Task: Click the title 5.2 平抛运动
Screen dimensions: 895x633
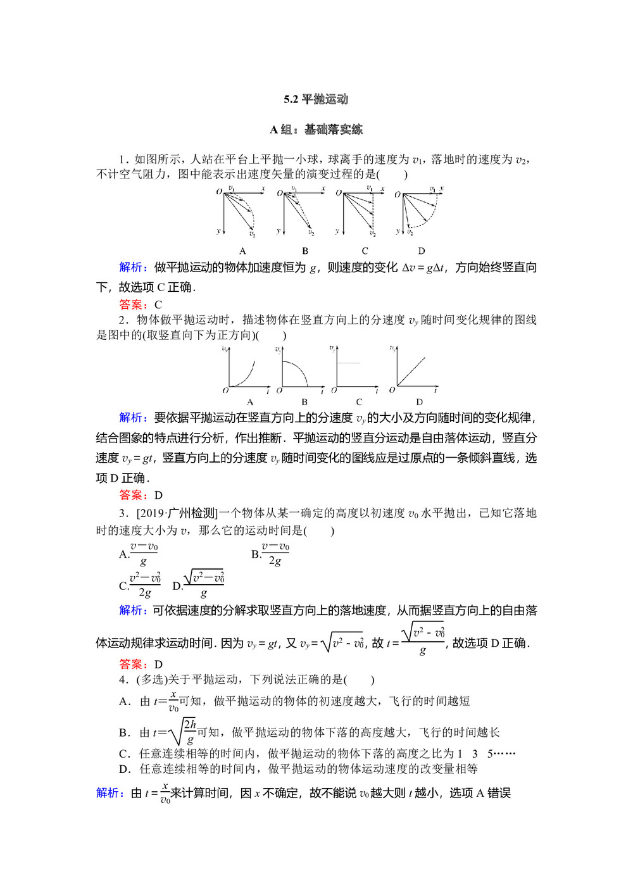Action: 316,99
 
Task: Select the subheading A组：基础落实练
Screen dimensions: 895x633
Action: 316,130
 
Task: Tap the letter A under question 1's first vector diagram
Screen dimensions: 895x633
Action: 242,251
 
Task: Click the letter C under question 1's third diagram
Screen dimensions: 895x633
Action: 365,251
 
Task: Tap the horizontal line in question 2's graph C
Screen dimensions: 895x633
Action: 348,363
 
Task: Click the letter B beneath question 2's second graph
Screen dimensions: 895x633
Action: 304,402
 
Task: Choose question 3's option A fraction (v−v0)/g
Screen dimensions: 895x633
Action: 144,554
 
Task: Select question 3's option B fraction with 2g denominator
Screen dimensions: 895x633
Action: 275,554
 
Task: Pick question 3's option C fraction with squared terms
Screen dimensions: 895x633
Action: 145,585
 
